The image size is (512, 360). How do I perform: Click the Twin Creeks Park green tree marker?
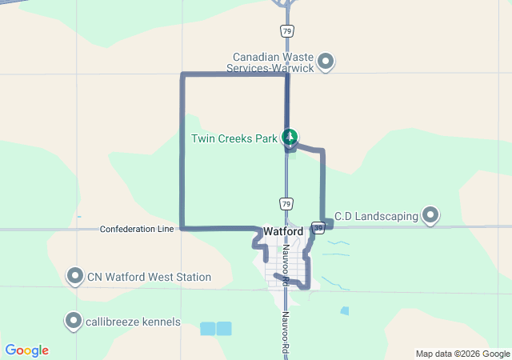coord(290,138)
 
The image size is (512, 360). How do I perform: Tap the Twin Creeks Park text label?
coord(234,138)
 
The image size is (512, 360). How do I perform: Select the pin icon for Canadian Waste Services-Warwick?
coord(326,61)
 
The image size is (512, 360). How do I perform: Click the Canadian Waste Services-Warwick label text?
coord(273,62)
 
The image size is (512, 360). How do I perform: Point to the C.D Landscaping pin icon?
coord(431,214)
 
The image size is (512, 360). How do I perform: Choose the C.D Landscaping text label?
coord(376,216)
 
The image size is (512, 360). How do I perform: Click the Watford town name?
coord(283,231)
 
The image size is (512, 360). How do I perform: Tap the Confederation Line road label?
coord(137,229)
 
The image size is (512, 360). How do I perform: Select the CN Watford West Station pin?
coord(75,276)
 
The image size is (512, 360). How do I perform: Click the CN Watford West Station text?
coord(149,278)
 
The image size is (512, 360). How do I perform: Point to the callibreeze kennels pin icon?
coord(74,321)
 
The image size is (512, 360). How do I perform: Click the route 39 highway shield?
coord(318,228)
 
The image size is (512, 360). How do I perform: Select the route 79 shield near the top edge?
coord(286,30)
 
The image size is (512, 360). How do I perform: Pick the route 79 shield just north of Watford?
coord(286,202)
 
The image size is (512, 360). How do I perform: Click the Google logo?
coord(26,350)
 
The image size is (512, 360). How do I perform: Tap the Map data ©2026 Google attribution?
coord(462,354)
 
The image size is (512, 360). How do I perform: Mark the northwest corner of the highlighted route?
coord(183,75)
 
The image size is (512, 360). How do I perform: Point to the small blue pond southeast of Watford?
coord(344,310)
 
